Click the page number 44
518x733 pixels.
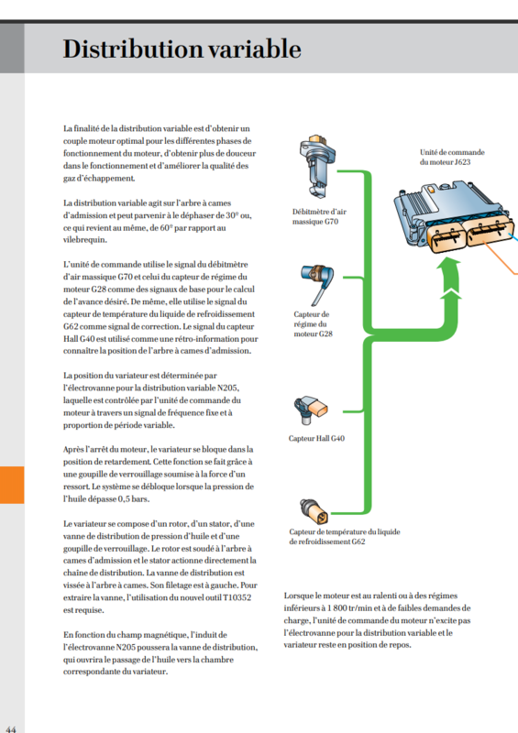[x=11, y=728]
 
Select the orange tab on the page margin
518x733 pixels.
[x=12, y=485]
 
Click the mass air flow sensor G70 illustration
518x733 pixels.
[x=318, y=166]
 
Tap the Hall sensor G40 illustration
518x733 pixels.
[x=310, y=410]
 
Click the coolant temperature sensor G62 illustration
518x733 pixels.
[x=314, y=511]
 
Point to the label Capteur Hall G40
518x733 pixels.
[x=316, y=439]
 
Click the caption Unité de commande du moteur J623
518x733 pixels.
[x=452, y=157]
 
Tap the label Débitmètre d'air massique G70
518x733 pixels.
[x=319, y=216]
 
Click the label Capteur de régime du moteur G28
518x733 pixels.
[x=313, y=324]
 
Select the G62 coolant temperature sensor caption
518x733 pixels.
[x=345, y=537]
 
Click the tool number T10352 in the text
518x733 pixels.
[x=237, y=597]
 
